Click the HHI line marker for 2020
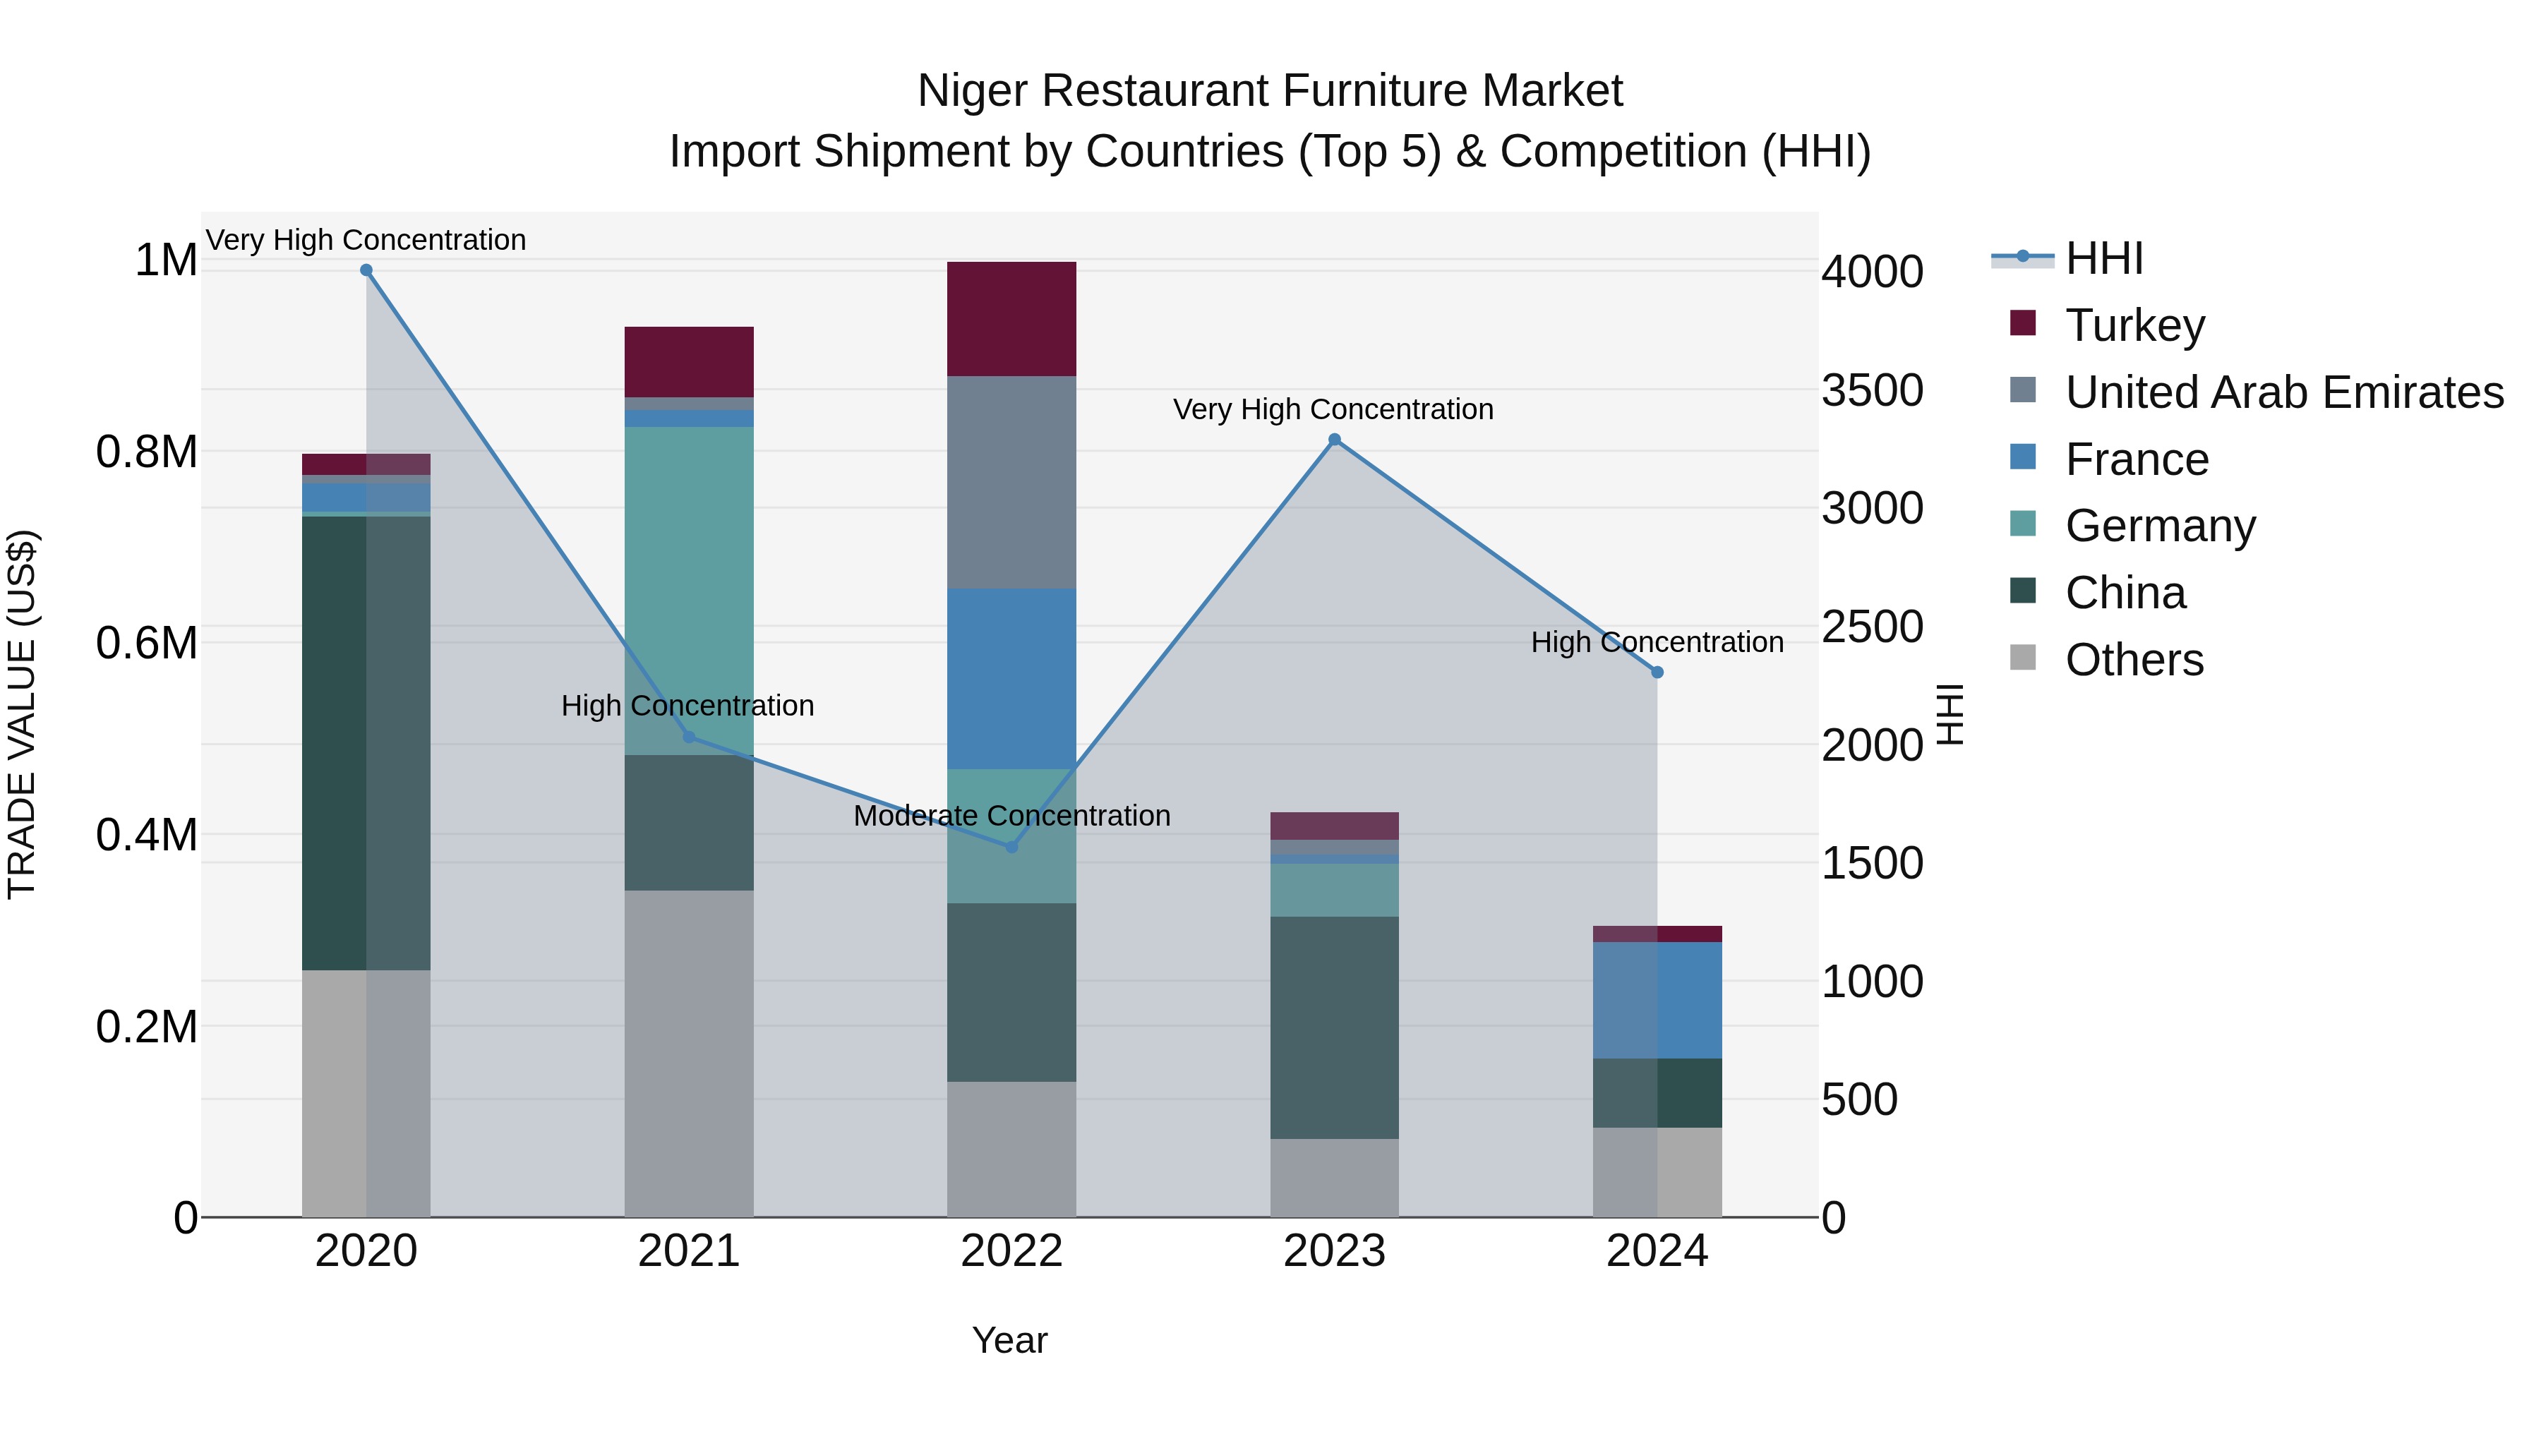[x=366, y=270]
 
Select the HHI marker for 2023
[x=1335, y=440]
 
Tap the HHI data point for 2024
[x=1657, y=673]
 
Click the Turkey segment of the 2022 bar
[x=1011, y=318]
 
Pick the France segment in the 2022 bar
[x=1011, y=678]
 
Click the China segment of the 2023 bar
[x=1335, y=1027]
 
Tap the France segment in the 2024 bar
[x=1657, y=1000]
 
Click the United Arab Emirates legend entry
[x=2283, y=392]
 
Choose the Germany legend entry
[x=2161, y=526]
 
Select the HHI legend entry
[x=2103, y=258]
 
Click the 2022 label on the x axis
[x=1011, y=1251]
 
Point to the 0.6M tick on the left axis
[x=146, y=643]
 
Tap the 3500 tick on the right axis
[x=1871, y=390]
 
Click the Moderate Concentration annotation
[x=1011, y=816]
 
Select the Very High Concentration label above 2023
[x=1333, y=409]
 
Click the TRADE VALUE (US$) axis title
[x=22, y=714]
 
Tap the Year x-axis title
[x=1009, y=1340]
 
